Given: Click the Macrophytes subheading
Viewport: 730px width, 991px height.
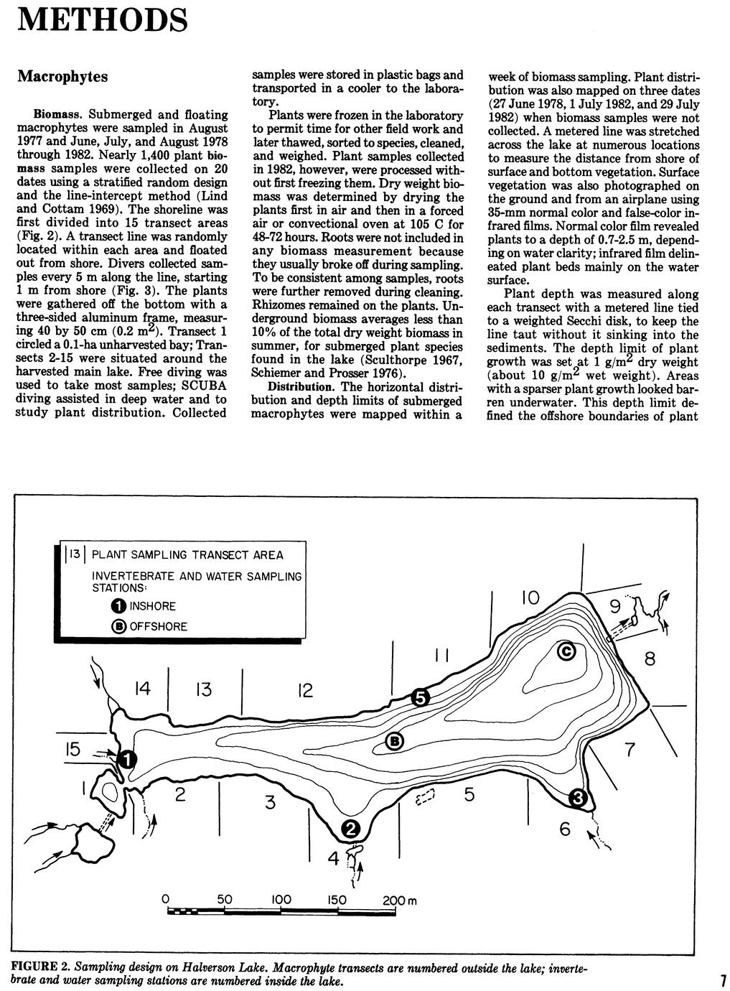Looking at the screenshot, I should (62, 75).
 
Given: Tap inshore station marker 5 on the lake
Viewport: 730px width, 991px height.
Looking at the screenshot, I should (420, 697).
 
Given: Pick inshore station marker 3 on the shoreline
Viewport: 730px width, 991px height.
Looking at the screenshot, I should (579, 798).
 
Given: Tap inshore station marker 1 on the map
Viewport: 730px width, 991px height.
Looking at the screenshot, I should (126, 758).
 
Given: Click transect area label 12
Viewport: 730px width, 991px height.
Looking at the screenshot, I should (305, 691).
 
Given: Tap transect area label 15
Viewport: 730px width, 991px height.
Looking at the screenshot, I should (72, 749).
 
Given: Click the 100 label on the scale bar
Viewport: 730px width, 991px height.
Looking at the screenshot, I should (282, 899).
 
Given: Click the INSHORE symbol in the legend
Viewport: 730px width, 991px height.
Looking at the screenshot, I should (119, 606).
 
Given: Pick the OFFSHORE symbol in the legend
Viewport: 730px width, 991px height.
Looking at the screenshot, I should (119, 626).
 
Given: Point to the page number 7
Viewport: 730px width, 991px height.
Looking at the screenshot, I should (723, 980).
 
